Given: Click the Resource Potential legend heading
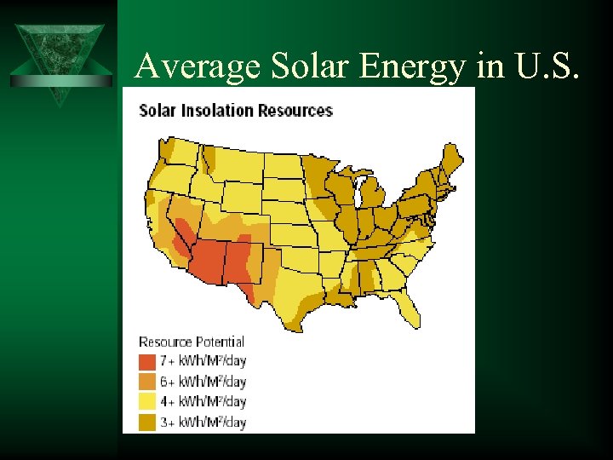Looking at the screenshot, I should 192,342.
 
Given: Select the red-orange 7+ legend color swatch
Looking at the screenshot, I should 147,361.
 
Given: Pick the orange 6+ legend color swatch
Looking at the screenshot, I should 147,382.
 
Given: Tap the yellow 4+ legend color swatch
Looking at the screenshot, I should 147,401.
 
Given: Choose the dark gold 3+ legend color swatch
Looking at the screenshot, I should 147,422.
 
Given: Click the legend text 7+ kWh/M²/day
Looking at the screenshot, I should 203,361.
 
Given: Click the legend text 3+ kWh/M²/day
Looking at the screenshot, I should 203,422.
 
